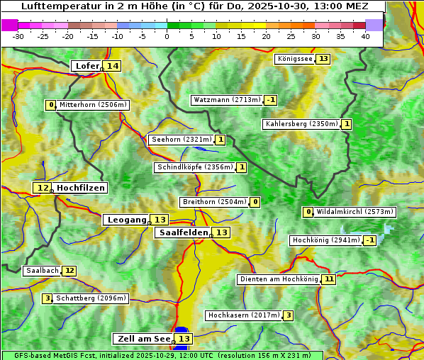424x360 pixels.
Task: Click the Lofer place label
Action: pos(87,66)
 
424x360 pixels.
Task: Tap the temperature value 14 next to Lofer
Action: pos(113,66)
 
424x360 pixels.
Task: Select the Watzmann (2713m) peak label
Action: pos(227,100)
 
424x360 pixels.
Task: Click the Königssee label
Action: pos(294,59)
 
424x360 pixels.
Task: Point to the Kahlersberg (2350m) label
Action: pos(301,124)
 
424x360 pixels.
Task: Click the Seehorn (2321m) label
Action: pos(182,140)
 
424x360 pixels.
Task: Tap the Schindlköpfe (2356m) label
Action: pos(194,167)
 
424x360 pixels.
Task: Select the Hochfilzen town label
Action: pos(80,188)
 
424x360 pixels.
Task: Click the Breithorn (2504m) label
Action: pos(214,202)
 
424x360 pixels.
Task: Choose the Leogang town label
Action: pos(126,220)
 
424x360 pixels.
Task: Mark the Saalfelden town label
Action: pos(183,232)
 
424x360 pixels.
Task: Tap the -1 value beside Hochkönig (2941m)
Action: pos(369,240)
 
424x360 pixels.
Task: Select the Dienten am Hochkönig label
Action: pos(279,279)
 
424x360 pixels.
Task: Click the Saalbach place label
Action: pos(42,271)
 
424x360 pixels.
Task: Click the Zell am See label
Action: pos(143,339)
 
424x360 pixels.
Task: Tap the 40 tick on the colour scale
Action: pos(365,36)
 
